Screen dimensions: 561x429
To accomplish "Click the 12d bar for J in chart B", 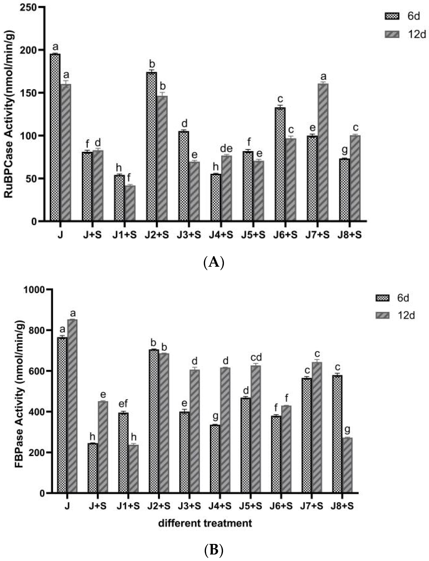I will (72, 406).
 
